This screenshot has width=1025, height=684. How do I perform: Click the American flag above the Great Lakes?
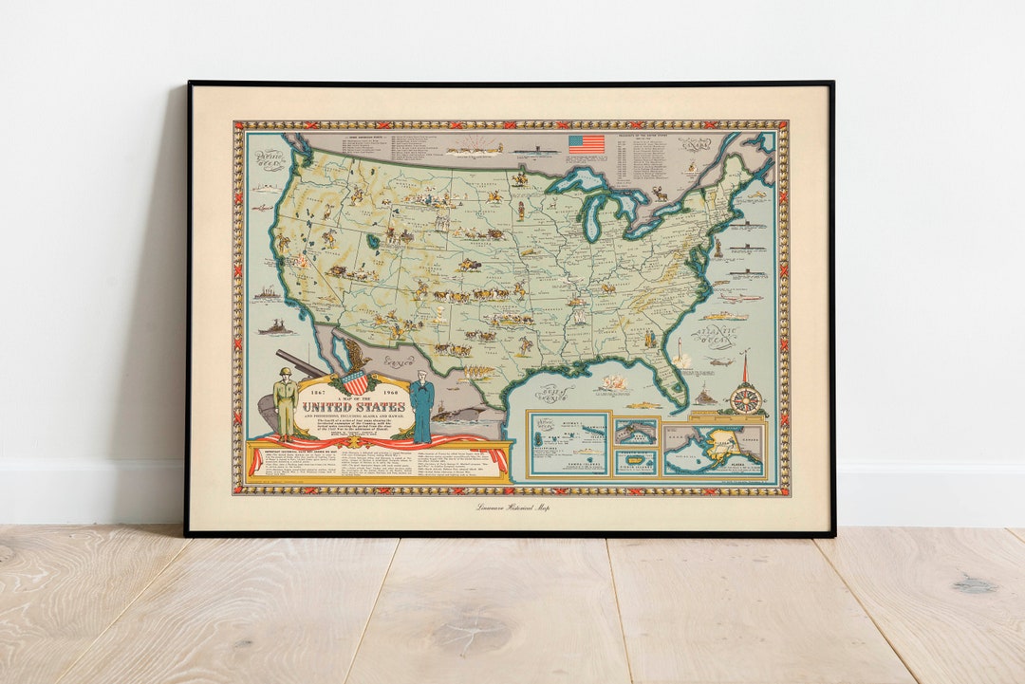pos(586,144)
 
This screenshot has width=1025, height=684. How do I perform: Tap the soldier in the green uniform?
pos(285,403)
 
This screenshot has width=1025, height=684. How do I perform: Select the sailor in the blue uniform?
pos(422,408)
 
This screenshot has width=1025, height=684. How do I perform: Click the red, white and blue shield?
pos(354,381)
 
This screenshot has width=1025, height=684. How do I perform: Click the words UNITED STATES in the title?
pos(354,407)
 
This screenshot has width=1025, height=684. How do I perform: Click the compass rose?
pos(746,399)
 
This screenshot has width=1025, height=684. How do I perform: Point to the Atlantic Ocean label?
pos(717,336)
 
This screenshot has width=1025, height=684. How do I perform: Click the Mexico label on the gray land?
pos(398,360)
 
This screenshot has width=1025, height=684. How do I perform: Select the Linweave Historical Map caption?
pos(512,508)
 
